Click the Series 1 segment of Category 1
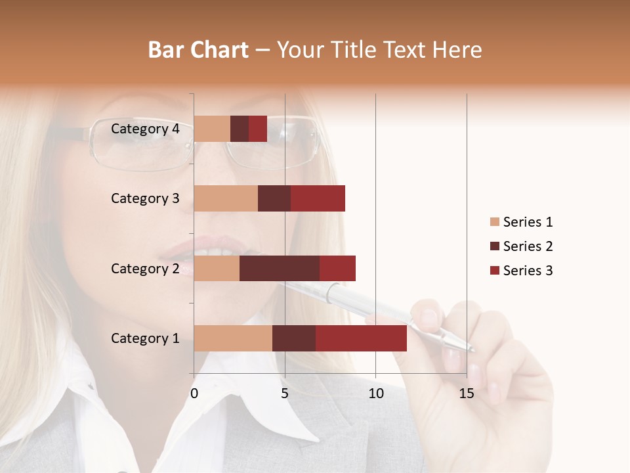[x=233, y=338]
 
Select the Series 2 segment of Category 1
[x=294, y=338]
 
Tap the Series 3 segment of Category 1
[x=361, y=338]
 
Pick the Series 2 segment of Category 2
[x=280, y=268]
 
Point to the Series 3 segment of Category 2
[x=337, y=268]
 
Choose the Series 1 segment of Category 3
[x=226, y=198]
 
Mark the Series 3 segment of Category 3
[x=318, y=198]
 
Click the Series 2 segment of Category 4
[x=240, y=129]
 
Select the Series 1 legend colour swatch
[x=494, y=222]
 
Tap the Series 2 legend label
[x=528, y=246]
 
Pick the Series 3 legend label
[x=528, y=271]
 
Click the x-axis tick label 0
[x=194, y=394]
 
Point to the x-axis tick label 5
[x=285, y=394]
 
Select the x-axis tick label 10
[x=375, y=394]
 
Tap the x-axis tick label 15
[x=466, y=394]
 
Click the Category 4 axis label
[x=145, y=129]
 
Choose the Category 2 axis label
[x=145, y=268]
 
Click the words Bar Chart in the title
[x=198, y=50]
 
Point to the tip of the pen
[x=474, y=350]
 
